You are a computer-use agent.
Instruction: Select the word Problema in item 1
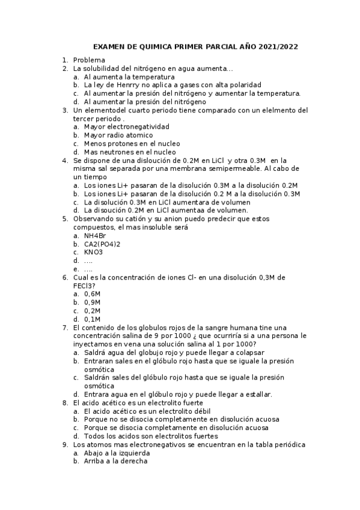(x=89, y=60)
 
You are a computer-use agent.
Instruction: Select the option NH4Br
(x=95, y=236)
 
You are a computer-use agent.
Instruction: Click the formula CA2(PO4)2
(x=102, y=244)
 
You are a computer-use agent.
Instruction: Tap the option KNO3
(x=94, y=252)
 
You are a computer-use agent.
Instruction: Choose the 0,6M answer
(x=93, y=294)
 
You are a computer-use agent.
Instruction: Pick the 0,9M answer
(x=93, y=303)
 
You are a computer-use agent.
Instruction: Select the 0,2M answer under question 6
(x=93, y=310)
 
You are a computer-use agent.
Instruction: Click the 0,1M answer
(x=93, y=319)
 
